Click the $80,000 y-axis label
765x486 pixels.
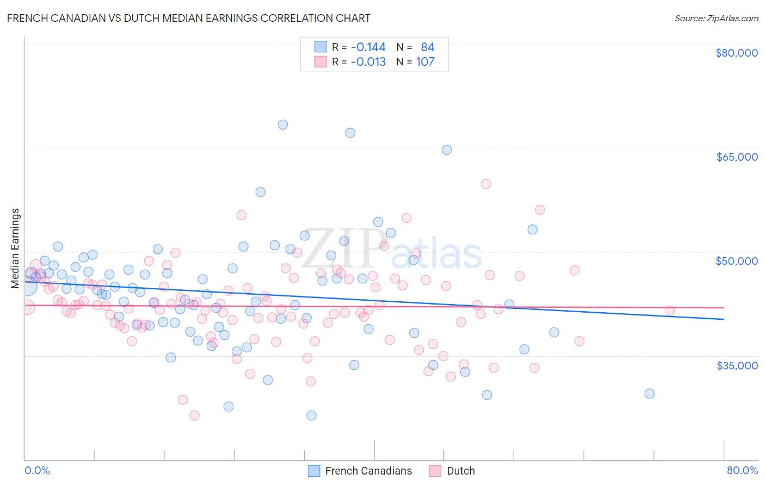point(736,53)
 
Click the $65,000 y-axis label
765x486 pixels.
point(736,157)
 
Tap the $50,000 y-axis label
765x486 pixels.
point(736,261)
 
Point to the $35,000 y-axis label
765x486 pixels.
point(736,365)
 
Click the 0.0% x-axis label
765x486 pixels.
point(37,470)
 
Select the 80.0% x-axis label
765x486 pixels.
point(742,470)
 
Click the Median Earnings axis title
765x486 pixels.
point(15,248)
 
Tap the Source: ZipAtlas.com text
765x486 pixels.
point(716,18)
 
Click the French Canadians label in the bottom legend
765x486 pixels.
point(368,471)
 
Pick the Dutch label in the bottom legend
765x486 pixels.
point(460,471)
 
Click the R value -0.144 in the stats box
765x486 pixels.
point(368,47)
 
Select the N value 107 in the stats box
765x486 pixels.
point(425,62)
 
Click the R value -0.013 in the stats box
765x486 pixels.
point(368,62)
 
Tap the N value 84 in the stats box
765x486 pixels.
point(427,47)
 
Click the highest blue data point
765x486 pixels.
point(283,124)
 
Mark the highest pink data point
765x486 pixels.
point(486,184)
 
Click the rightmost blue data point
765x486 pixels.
point(649,393)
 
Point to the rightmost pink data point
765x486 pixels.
point(670,311)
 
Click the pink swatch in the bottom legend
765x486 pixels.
point(435,471)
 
